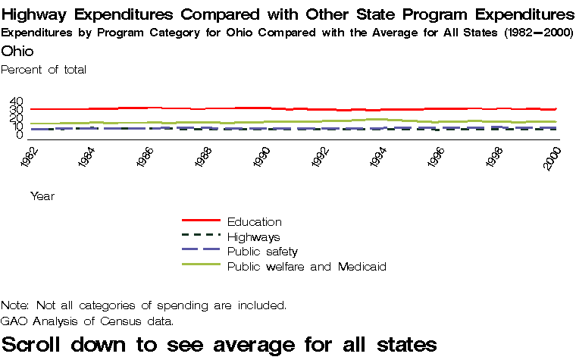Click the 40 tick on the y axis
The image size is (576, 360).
coord(17,102)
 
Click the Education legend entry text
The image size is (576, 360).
coord(254,222)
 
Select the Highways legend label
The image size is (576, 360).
coord(253,237)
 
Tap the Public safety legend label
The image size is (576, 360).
coord(262,252)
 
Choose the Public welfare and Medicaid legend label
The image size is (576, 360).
coord(307,267)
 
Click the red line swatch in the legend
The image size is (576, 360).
coord(200,221)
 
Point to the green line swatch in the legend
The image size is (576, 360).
coord(200,265)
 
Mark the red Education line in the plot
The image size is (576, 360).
coord(227,108)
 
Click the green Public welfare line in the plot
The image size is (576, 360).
coord(227,121)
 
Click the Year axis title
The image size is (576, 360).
coord(42,196)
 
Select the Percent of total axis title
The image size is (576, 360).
coord(44,70)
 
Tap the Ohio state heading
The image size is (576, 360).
coord(17,51)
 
